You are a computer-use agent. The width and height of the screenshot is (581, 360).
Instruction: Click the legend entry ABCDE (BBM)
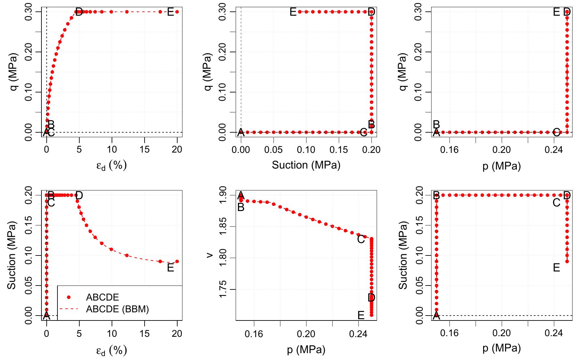point(117,309)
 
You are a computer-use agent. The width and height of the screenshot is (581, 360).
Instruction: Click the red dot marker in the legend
point(69,297)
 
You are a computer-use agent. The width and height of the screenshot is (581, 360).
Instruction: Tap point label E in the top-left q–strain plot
point(170,13)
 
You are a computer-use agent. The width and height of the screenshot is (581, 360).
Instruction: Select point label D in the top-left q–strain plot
point(79,13)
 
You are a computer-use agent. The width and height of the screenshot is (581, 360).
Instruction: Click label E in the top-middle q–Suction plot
point(293,12)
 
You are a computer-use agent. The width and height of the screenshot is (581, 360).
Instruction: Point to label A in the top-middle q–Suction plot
point(241,132)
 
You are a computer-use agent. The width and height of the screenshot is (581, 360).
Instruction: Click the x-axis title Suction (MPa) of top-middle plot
point(306,165)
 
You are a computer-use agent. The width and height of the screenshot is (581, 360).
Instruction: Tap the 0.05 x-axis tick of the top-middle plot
point(274,150)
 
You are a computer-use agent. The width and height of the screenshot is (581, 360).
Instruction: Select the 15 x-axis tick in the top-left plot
point(145,150)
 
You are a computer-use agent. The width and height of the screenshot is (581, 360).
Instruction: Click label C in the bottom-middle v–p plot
point(361,239)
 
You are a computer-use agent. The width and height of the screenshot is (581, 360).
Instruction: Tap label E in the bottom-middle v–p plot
point(361,315)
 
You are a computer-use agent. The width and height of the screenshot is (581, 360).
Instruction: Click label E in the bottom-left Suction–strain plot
point(170,268)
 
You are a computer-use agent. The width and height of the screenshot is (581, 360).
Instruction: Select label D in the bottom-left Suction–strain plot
point(79,196)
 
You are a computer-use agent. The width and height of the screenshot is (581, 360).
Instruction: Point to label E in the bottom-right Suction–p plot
point(557,268)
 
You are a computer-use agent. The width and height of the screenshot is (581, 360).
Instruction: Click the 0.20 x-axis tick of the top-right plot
point(502,150)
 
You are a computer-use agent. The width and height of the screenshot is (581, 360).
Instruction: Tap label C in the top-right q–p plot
point(557,132)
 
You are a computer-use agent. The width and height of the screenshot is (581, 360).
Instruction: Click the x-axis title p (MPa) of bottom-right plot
point(502,349)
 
